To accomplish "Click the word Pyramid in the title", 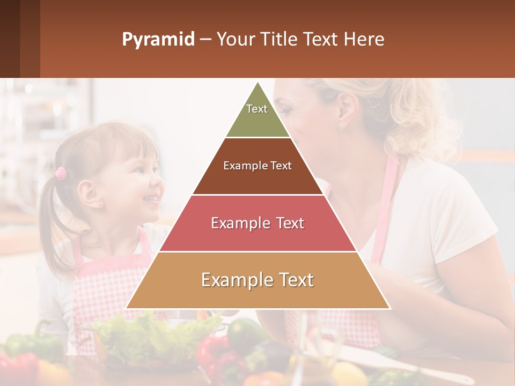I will pos(158,40).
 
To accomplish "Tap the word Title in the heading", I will pos(279,40).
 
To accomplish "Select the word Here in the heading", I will pos(364,40).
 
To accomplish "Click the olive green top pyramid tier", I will pos(257,118).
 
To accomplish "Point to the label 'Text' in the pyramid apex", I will pos(257,109).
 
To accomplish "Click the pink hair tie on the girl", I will pos(61,173).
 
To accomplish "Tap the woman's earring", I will pos(341,127).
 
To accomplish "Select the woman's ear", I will pos(346,110).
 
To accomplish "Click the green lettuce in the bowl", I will pos(156,332).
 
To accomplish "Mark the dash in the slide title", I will pos(205,40).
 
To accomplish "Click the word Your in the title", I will pos(234,40).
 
